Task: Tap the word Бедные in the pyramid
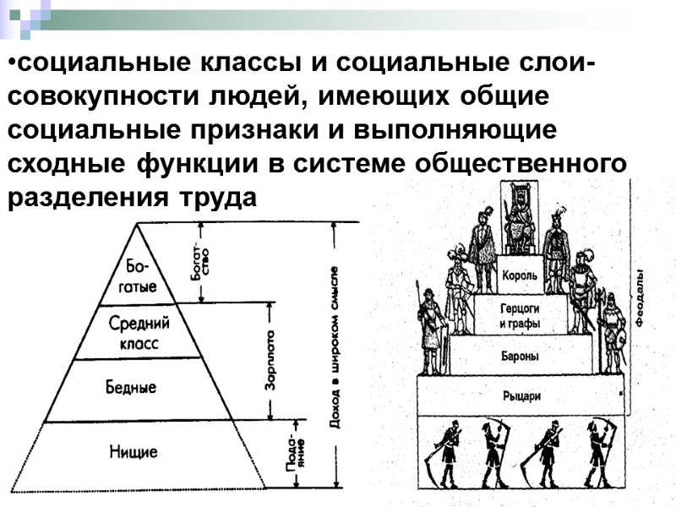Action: tap(131, 387)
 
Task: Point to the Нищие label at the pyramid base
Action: tap(134, 451)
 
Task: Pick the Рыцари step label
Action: tap(521, 395)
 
